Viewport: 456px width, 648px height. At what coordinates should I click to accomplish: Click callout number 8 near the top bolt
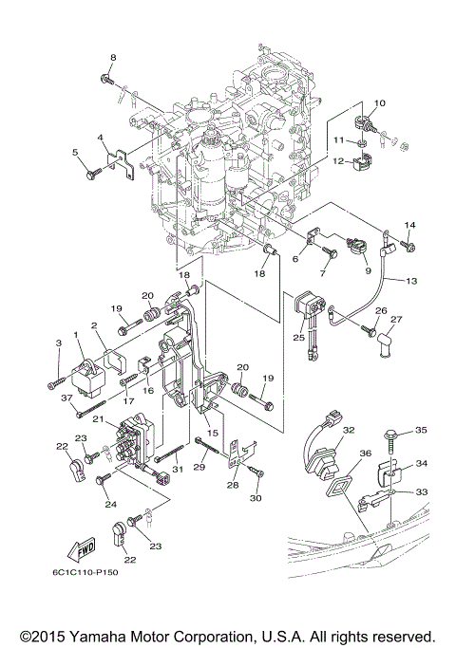[x=112, y=59]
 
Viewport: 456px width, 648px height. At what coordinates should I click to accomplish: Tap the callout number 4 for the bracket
[x=99, y=139]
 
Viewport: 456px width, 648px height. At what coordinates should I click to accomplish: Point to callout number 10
[x=380, y=102]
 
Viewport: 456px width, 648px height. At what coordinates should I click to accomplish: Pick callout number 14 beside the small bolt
[x=409, y=225]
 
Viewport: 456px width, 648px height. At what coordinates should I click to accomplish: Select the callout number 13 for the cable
[x=411, y=281]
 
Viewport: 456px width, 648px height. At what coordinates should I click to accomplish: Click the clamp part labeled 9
[x=356, y=245]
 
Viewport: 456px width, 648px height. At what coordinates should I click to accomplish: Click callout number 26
[x=380, y=310]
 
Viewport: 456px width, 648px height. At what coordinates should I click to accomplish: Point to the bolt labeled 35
[x=393, y=440]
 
